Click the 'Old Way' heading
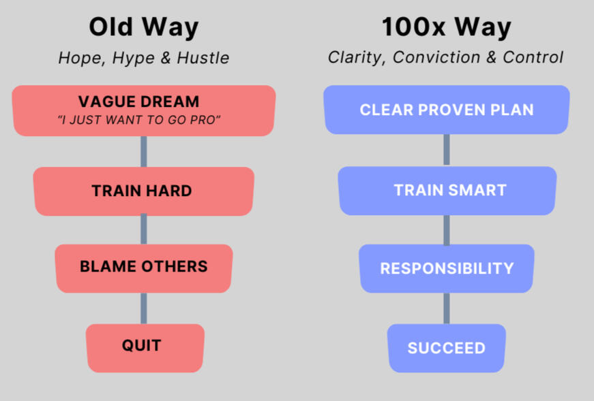(x=144, y=28)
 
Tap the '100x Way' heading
(x=446, y=28)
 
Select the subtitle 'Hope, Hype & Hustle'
(x=144, y=58)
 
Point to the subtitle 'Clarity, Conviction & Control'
(x=445, y=57)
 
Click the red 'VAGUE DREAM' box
(x=144, y=110)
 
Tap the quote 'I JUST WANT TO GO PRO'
(x=138, y=120)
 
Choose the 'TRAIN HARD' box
(x=144, y=191)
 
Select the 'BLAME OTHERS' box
(x=144, y=268)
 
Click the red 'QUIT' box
(x=145, y=348)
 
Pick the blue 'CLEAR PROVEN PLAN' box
(x=447, y=110)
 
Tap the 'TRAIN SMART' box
(x=447, y=191)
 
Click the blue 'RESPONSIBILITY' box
(x=447, y=268)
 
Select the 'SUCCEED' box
(x=447, y=348)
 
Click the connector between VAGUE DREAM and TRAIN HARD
(x=144, y=151)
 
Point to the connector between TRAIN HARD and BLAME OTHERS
(x=144, y=230)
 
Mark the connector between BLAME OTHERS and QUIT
(x=144, y=308)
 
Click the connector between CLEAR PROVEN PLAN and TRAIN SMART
(x=447, y=150)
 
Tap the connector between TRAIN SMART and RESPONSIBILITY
(x=447, y=229)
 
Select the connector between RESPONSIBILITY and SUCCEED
(x=447, y=308)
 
